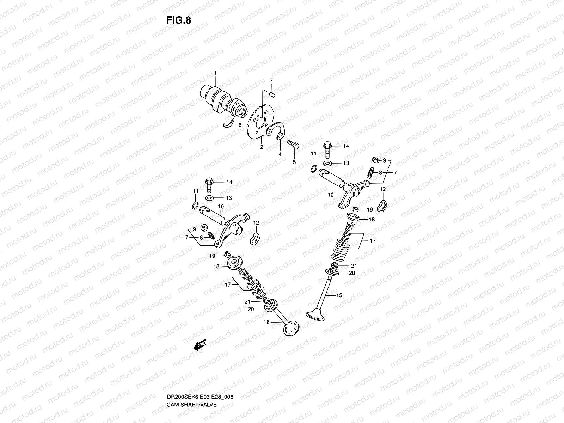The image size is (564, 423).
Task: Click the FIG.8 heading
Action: pos(178,20)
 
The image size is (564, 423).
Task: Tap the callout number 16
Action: pos(266,322)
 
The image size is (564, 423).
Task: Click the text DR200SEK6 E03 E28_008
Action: pos(200,377)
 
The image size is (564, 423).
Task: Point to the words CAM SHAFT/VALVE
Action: pos(191,385)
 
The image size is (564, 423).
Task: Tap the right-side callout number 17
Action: pos(373,241)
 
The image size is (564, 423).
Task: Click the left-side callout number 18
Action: pos(217,266)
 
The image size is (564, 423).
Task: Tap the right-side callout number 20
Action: pos(352,273)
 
